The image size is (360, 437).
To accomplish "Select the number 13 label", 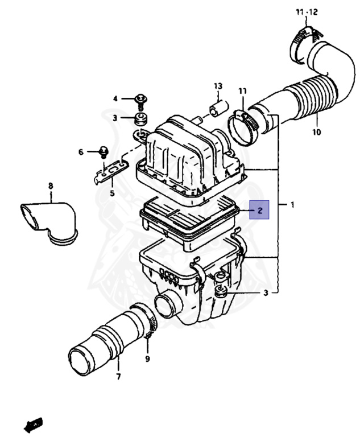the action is tap(217, 85).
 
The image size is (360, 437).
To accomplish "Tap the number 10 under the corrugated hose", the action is tap(316, 132).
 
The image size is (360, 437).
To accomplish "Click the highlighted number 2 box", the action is tap(260, 211).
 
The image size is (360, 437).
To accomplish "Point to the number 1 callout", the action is tap(292, 204).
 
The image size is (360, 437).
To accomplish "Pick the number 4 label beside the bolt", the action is tap(115, 98).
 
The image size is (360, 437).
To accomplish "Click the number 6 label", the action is tap(81, 152).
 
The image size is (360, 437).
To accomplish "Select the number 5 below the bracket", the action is tap(112, 193).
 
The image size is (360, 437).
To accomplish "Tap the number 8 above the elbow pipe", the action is tap(50, 185).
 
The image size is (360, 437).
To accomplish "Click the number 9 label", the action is tap(147, 359).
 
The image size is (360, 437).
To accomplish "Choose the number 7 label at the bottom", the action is tap(118, 377).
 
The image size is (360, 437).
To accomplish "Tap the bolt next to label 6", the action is tap(104, 151).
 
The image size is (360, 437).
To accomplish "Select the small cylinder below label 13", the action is tap(216, 108).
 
